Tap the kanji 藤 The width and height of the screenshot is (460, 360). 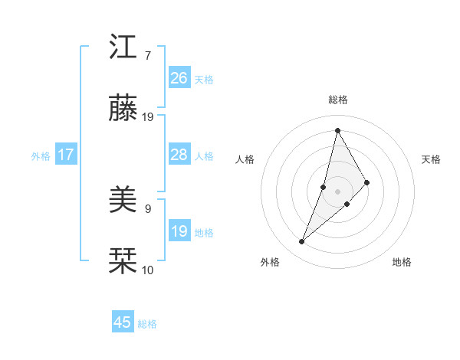pyautogui.click(x=123, y=109)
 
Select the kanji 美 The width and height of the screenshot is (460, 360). pyautogui.click(x=123, y=200)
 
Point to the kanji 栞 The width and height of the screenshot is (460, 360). pyautogui.click(x=123, y=261)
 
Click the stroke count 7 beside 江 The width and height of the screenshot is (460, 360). pyautogui.click(x=146, y=56)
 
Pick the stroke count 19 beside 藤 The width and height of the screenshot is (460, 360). pyautogui.click(x=148, y=117)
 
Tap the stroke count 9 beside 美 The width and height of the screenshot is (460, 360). pyautogui.click(x=147, y=208)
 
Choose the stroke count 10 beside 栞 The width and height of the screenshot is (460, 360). pyautogui.click(x=148, y=270)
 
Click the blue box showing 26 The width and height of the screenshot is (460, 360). pyautogui.click(x=179, y=78)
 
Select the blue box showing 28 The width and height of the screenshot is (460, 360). pyautogui.click(x=179, y=155)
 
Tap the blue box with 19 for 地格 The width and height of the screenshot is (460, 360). pyautogui.click(x=179, y=231)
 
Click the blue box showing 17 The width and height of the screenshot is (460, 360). pyautogui.click(x=66, y=155)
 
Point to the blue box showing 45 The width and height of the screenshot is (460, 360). pyautogui.click(x=123, y=322)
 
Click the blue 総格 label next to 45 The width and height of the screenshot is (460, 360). pyautogui.click(x=147, y=324)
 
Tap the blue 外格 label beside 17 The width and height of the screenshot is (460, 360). pyautogui.click(x=41, y=156)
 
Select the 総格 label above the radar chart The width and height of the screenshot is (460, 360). pyautogui.click(x=338, y=100)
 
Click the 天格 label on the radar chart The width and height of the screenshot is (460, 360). pyautogui.click(x=432, y=159)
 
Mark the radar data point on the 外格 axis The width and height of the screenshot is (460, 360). pyautogui.click(x=302, y=242)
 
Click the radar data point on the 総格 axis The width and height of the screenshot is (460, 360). pyautogui.click(x=337, y=129)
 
